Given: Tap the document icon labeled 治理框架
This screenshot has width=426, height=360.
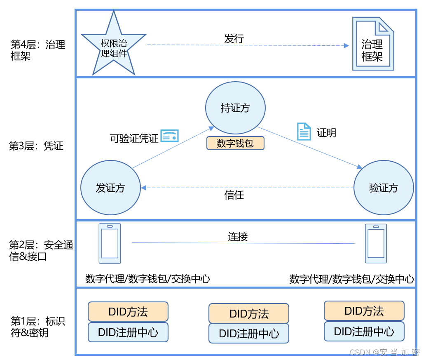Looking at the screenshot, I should [372, 44].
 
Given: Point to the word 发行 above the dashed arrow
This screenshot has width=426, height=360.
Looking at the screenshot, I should [234, 39].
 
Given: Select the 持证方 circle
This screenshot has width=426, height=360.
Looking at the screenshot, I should [235, 108].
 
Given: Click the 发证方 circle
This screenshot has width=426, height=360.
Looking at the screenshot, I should [110, 188].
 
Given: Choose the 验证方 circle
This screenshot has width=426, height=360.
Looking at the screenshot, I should [384, 188].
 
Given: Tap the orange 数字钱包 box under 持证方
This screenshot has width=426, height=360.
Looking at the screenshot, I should [235, 143].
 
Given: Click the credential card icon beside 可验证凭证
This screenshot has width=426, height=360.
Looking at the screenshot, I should [170, 136].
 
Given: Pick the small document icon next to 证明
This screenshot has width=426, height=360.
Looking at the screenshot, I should [304, 132].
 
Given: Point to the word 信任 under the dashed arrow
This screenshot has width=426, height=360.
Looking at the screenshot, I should [234, 195].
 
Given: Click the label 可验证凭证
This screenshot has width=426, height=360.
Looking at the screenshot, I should [134, 138].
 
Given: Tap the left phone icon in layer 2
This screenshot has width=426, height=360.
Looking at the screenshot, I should [110, 243].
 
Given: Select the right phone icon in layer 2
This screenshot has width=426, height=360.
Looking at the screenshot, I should [376, 243].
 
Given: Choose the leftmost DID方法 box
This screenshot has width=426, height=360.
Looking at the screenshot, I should [128, 311].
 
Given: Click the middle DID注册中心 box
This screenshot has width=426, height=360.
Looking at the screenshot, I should [249, 333].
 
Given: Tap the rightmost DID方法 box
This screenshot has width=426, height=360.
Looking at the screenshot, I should [364, 311].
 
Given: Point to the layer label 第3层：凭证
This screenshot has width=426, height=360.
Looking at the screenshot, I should [36, 146].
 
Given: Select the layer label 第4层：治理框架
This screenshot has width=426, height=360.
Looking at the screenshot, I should [38, 50].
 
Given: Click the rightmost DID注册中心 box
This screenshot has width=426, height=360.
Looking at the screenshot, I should [364, 331].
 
